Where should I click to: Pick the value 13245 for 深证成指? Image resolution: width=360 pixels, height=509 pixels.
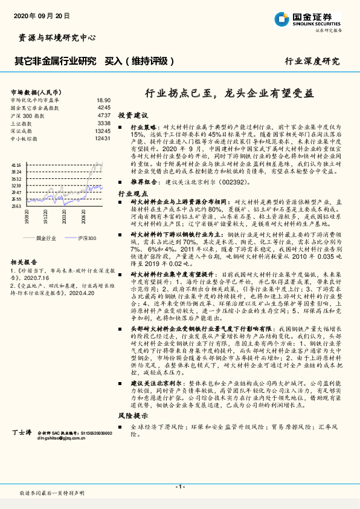tap(103, 131)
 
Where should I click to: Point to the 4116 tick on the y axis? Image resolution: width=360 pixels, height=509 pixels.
tap(16, 164)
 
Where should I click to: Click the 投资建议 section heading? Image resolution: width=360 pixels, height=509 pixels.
tap(132, 114)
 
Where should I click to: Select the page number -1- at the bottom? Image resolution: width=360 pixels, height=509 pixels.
tap(179, 486)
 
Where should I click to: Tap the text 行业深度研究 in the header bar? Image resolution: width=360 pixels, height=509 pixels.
tap(312, 61)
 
